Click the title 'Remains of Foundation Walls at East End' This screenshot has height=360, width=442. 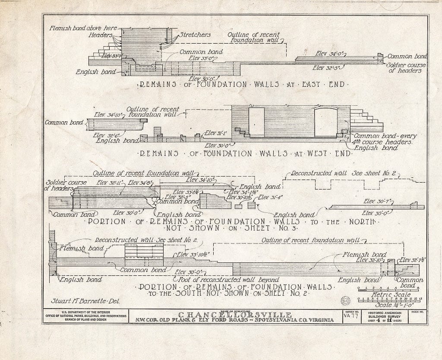point(242,85)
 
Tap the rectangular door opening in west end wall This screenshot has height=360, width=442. point(256,122)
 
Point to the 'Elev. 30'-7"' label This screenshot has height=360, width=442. point(377,201)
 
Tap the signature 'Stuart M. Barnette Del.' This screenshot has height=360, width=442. point(93,302)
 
